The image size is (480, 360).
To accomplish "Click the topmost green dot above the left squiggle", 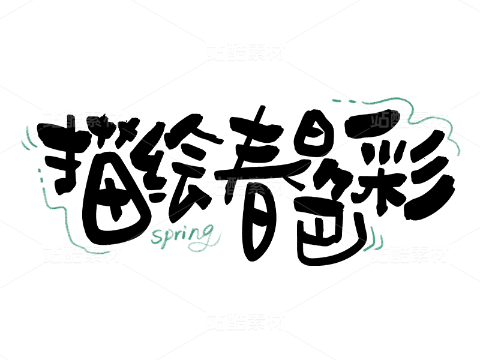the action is point(39,170).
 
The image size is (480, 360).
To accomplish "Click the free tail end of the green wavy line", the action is point(458,154).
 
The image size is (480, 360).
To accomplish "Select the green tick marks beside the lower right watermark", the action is point(376,238).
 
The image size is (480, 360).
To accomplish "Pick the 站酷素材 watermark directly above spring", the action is point(245,187).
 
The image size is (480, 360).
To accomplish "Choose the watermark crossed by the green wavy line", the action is point(409,119).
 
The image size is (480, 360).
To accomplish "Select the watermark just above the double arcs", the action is point(82,119).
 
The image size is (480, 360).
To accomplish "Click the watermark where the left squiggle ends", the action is point(82,253).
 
